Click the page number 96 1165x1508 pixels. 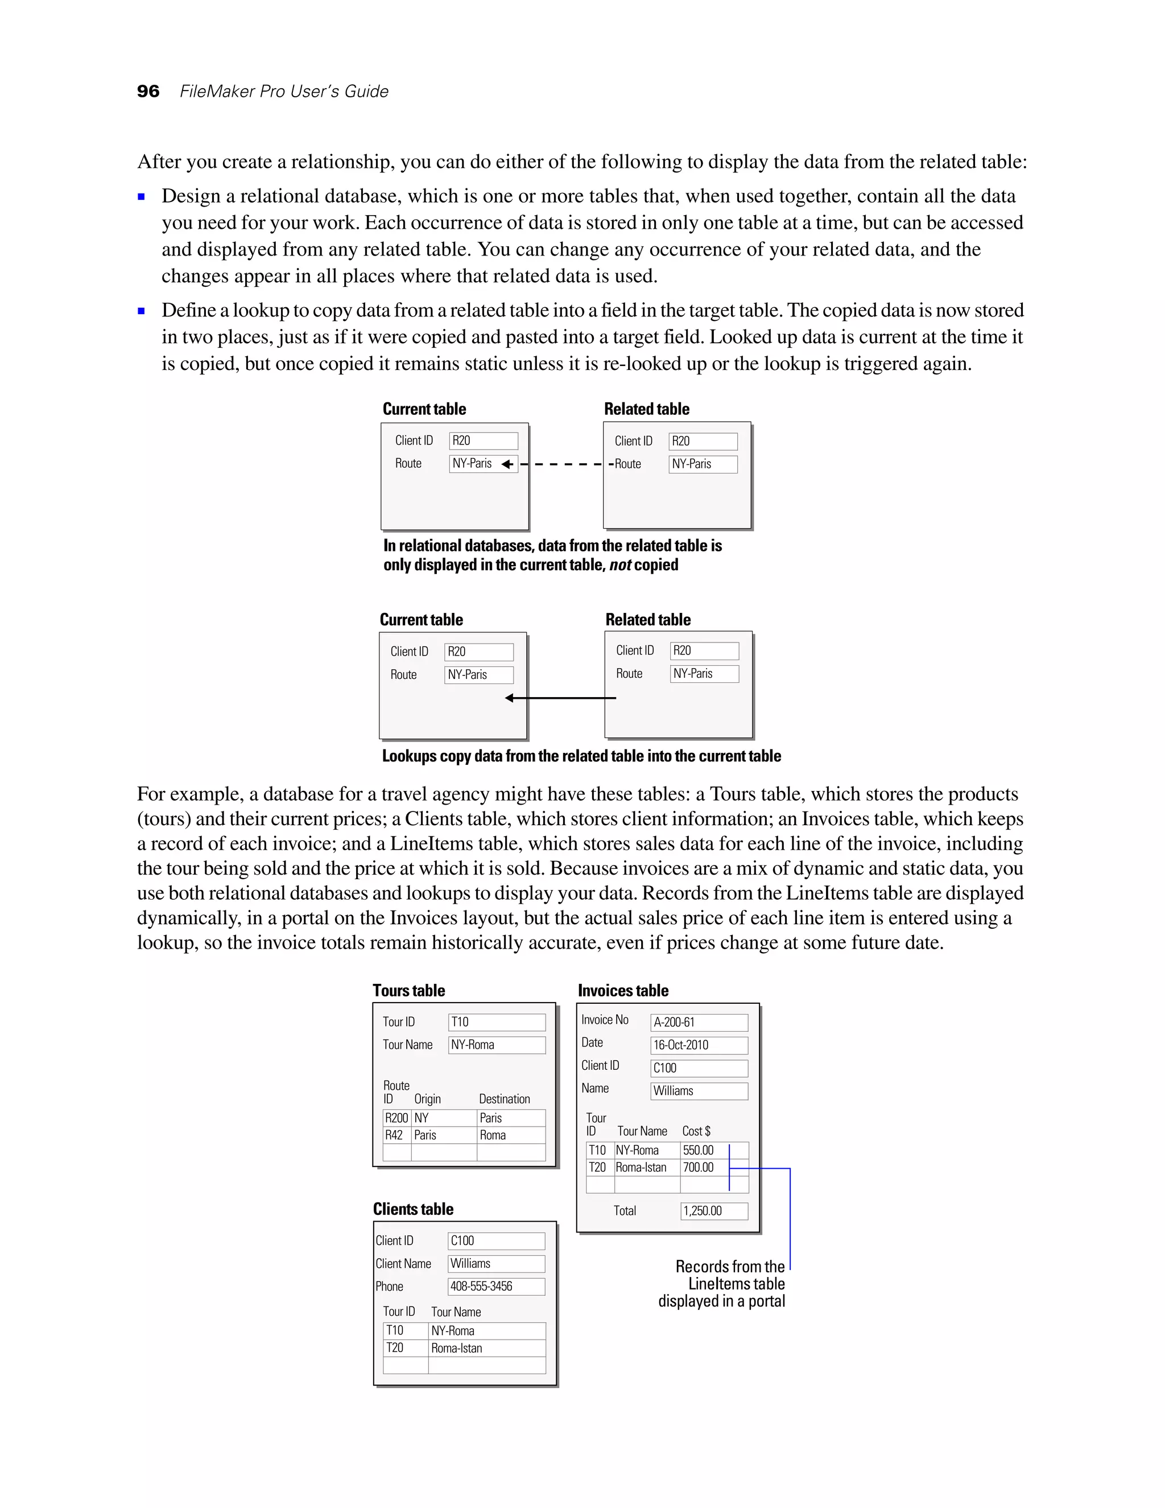pos(148,91)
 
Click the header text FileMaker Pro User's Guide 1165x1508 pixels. pos(284,91)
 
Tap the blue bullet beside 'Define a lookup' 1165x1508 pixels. pos(142,311)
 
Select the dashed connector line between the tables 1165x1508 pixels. pos(563,464)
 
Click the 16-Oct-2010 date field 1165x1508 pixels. pos(699,1045)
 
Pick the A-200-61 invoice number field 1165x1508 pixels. pos(699,1022)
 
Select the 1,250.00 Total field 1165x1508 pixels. pos(714,1210)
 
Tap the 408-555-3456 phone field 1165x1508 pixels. pos(495,1285)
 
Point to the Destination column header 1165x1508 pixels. pos(504,1098)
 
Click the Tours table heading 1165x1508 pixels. pos(408,990)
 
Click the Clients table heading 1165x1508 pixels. pos(413,1208)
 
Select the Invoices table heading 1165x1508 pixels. pos(622,990)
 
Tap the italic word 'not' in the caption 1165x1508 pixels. pos(620,565)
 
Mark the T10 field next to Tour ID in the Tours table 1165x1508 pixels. pos(496,1022)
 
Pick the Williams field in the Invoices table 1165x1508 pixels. pos(699,1090)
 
